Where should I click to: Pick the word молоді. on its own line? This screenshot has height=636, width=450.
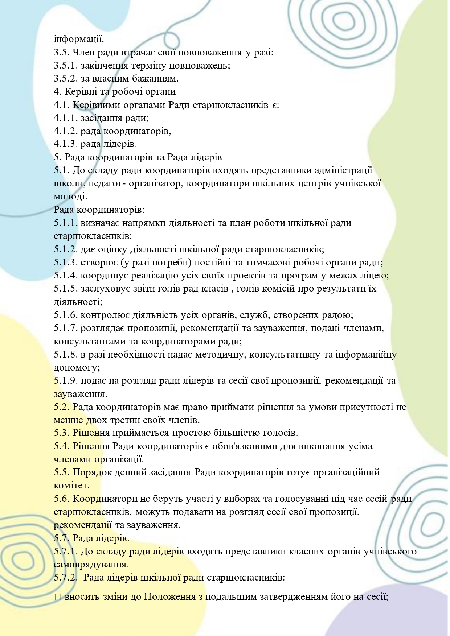click(x=70, y=197)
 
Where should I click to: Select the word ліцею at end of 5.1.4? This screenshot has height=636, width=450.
click(x=375, y=276)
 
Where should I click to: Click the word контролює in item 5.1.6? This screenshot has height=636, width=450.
click(x=102, y=315)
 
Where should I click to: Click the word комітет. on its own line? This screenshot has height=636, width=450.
click(x=71, y=486)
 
